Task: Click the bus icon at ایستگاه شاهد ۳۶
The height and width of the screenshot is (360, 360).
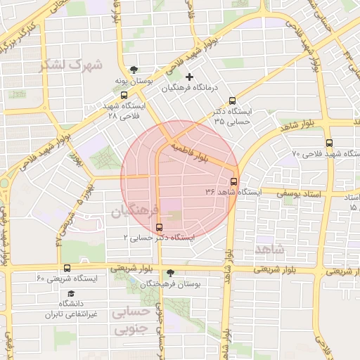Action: tap(234, 180)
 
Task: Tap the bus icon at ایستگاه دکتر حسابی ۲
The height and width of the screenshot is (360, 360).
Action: tap(160, 227)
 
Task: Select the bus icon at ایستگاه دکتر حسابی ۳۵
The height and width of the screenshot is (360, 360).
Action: tap(233, 101)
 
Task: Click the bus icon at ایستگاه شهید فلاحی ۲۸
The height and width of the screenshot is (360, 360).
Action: tap(124, 95)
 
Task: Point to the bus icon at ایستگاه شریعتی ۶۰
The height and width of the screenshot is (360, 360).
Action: tap(67, 268)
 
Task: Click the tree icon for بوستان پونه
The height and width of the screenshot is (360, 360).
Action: tap(134, 70)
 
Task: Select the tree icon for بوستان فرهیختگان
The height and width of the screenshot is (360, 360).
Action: tap(171, 272)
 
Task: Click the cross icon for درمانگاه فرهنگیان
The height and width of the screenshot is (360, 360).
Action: tap(188, 77)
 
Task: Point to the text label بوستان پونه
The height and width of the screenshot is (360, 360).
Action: tap(134, 82)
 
